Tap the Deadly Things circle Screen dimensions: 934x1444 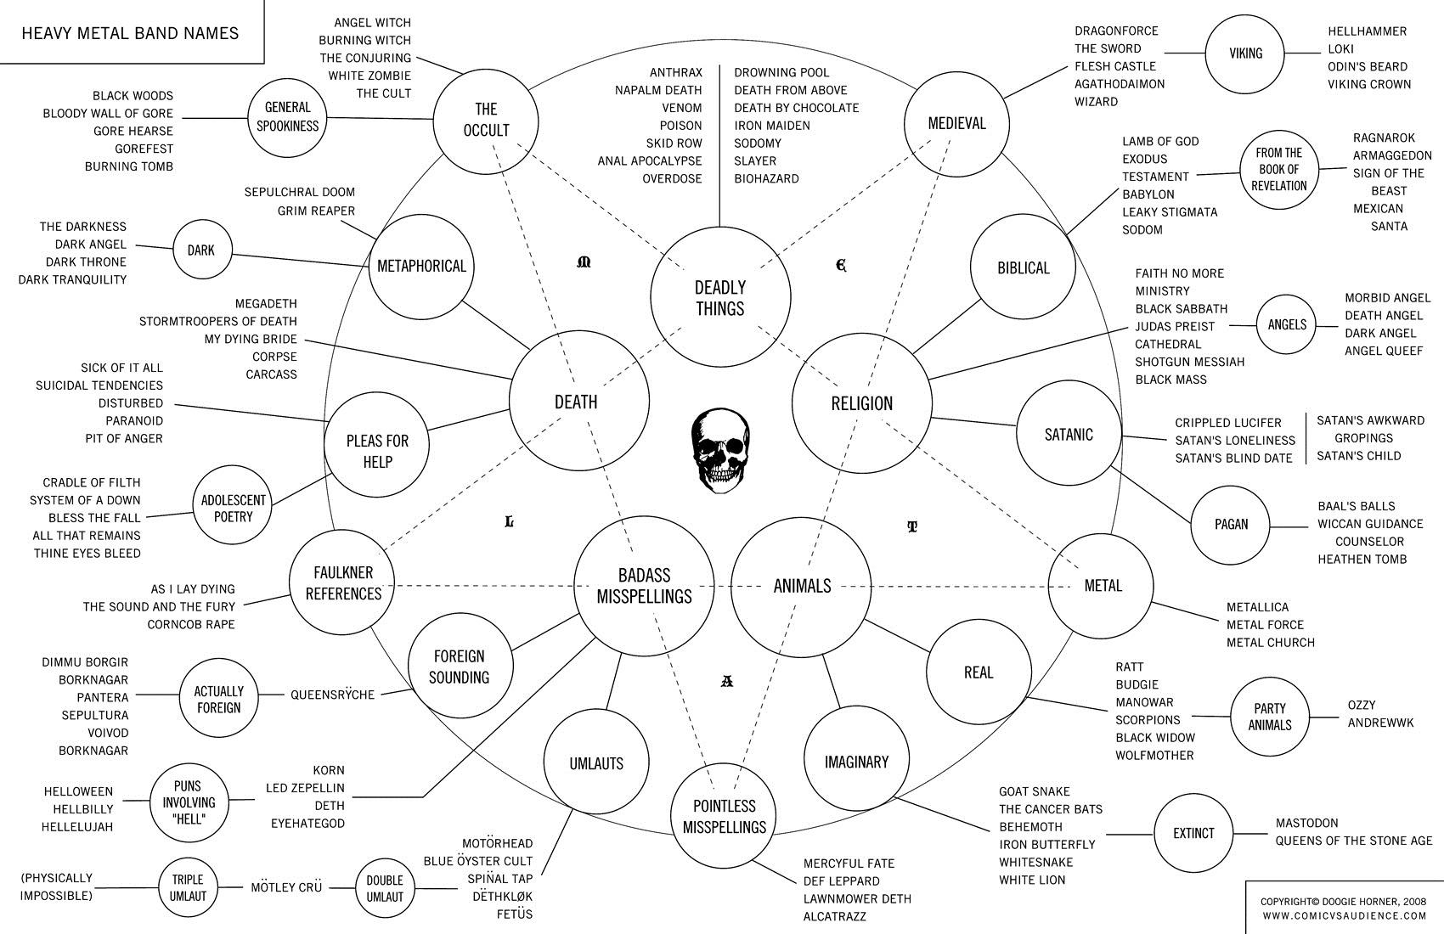(x=720, y=297)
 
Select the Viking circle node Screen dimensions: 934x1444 (x=1245, y=53)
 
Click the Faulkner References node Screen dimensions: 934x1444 (x=343, y=583)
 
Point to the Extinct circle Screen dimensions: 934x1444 (x=1193, y=833)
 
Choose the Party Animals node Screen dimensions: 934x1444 (x=1270, y=717)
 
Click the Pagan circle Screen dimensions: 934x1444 (x=1231, y=524)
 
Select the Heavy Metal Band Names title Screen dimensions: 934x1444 (x=130, y=33)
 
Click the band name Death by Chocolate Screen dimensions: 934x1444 (x=796, y=108)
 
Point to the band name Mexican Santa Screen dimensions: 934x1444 (x=1379, y=217)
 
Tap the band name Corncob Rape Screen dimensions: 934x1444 (x=190, y=624)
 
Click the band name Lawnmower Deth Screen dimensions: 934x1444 (x=857, y=898)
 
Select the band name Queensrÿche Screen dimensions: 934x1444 (x=332, y=695)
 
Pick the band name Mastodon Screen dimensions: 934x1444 (x=1306, y=823)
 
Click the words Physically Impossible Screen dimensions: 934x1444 (x=57, y=886)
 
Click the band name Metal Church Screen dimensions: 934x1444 (x=1270, y=643)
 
